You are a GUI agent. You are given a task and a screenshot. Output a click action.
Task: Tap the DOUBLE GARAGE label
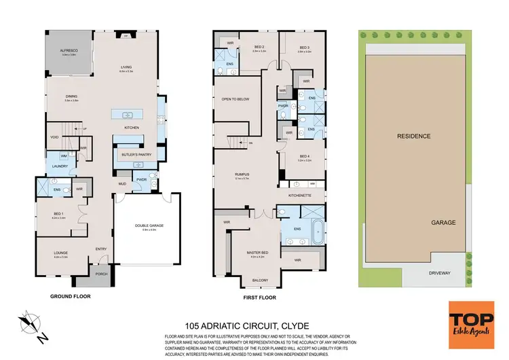pyautogui.click(x=149, y=226)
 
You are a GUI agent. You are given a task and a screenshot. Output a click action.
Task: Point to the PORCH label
pyautogui.click(x=101, y=274)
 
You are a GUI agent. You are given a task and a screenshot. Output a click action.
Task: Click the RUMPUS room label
pyautogui.click(x=243, y=175)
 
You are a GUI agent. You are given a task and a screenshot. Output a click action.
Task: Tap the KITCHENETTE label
pyautogui.click(x=299, y=195)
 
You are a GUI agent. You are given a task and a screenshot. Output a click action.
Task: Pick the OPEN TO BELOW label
pyautogui.click(x=235, y=99)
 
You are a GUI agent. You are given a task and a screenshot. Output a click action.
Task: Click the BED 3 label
pyautogui.click(x=304, y=47)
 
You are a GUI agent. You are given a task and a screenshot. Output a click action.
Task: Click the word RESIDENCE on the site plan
pyautogui.click(x=414, y=136)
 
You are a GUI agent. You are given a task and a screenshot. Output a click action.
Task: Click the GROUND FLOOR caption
pyautogui.click(x=71, y=296)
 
